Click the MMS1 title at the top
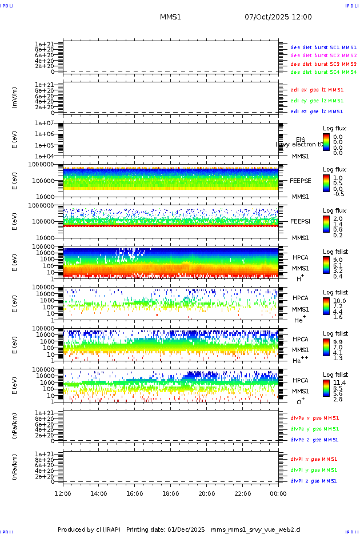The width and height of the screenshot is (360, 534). point(170,17)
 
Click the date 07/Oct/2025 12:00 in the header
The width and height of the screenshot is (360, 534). point(278,17)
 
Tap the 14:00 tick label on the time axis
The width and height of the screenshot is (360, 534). point(99,493)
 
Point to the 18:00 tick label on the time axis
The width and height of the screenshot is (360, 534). point(171,493)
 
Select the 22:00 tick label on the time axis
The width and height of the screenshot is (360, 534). point(243,493)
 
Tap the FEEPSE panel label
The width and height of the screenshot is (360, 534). point(301,180)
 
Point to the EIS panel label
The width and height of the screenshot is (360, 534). point(301,140)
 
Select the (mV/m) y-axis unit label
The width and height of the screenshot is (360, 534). point(15,98)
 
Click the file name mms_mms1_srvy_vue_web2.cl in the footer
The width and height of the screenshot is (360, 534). point(255,529)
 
